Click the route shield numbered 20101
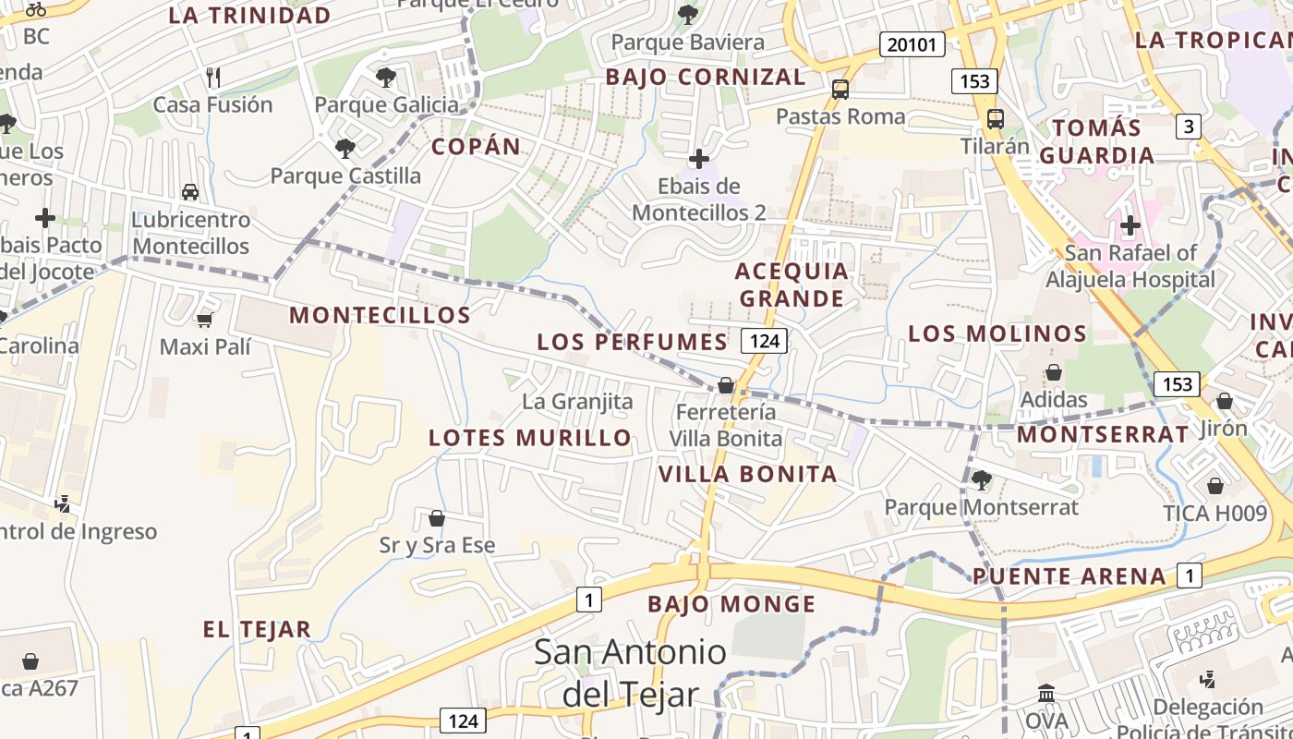(x=912, y=44)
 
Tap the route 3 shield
(x=1189, y=127)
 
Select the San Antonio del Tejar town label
(x=631, y=672)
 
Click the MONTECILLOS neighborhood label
(x=381, y=315)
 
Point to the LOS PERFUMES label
(x=633, y=342)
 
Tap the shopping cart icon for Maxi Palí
(x=204, y=320)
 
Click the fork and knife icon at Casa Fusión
(x=213, y=77)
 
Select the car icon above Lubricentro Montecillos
(x=190, y=192)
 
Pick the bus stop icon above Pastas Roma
(x=840, y=90)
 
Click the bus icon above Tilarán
(x=996, y=119)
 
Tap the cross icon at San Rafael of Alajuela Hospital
(x=1130, y=224)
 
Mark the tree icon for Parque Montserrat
(x=981, y=479)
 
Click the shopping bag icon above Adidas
(x=1053, y=373)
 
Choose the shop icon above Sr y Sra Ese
(x=437, y=518)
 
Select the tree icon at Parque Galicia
(x=386, y=78)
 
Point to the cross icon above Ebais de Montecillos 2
(x=699, y=159)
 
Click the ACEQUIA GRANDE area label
(x=792, y=285)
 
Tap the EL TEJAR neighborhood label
(x=257, y=630)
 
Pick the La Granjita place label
(x=577, y=402)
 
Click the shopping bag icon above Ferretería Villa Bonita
(x=726, y=385)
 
